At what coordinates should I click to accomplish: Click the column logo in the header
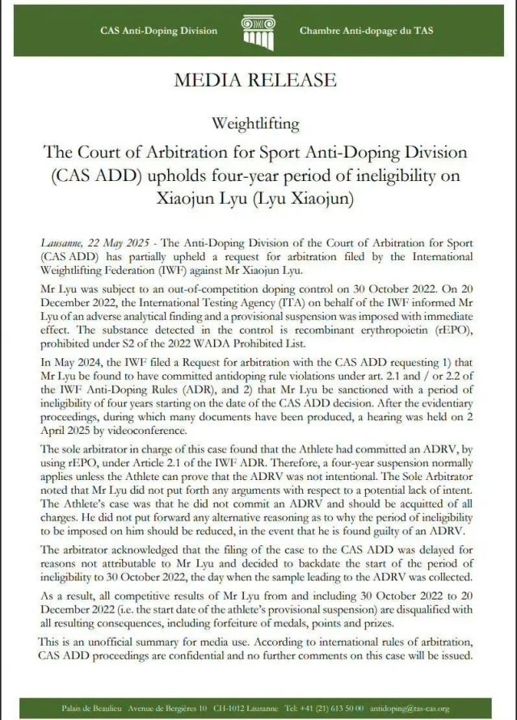[x=258, y=32]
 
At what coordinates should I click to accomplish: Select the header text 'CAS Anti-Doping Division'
[x=158, y=31]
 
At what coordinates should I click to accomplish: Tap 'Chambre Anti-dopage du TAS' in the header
[x=365, y=31]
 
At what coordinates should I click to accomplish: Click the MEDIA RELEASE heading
[x=254, y=80]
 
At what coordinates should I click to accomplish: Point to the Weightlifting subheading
[x=255, y=124]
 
